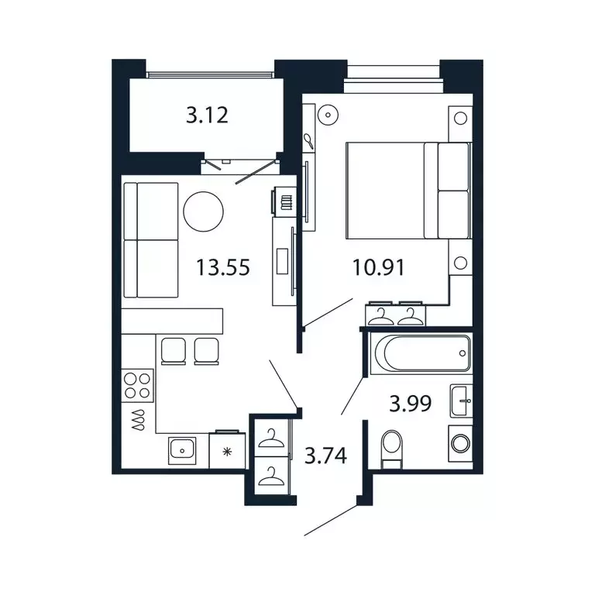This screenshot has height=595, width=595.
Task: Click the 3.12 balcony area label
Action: (x=207, y=116)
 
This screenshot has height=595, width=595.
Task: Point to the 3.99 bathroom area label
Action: (x=410, y=403)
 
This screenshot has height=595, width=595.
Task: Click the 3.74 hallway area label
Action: (x=325, y=456)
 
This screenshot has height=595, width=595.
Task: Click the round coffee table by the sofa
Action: (x=204, y=210)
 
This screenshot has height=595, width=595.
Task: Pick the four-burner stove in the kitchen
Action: (x=138, y=385)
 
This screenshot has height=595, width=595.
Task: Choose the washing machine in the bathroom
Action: (x=459, y=444)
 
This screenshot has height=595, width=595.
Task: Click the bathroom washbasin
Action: (x=462, y=401)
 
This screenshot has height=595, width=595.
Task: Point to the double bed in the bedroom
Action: (x=408, y=191)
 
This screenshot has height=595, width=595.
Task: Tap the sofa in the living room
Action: (x=151, y=239)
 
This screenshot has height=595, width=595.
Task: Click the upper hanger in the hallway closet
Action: (x=271, y=439)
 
